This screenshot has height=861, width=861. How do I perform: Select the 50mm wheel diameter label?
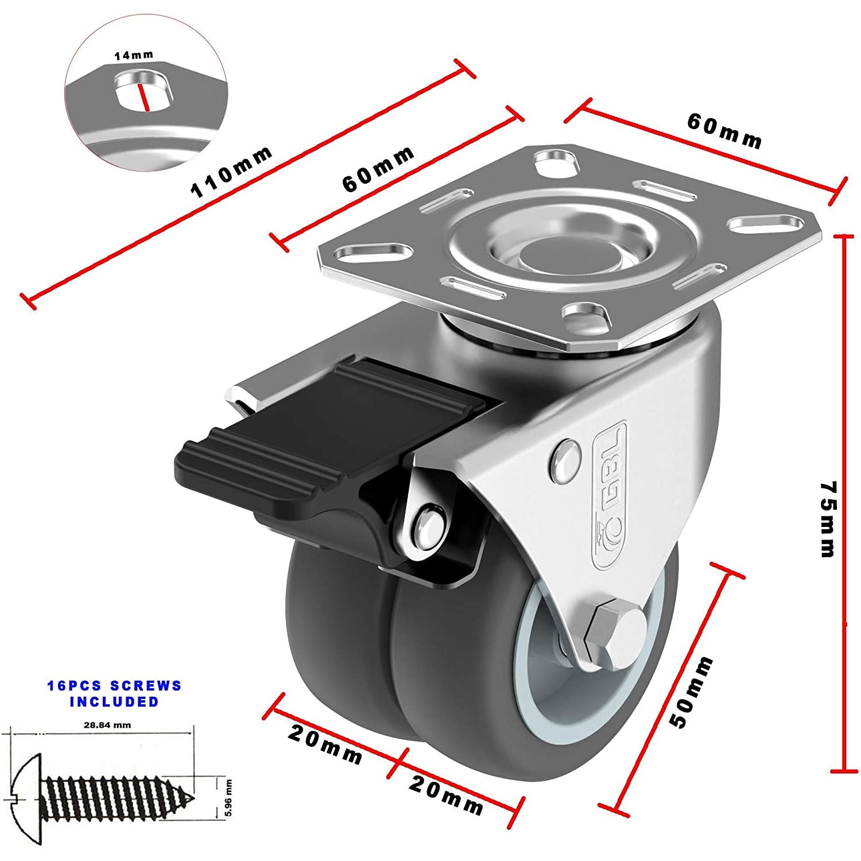coord(692,692)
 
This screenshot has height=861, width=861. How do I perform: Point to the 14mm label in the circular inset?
coord(134,56)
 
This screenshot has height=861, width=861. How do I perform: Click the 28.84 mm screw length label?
coord(107,725)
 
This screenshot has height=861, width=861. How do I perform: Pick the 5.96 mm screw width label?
coord(228,798)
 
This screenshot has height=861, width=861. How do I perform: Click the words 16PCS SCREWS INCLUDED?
coord(114,693)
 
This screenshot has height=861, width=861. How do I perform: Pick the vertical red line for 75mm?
coord(844,503)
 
